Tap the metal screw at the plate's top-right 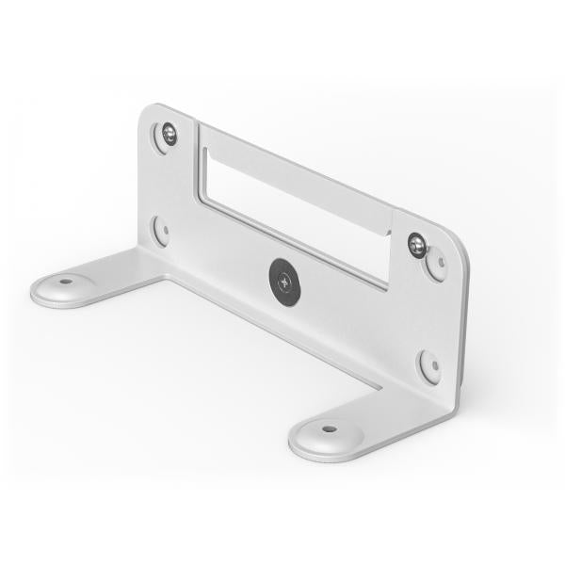(x=417, y=244)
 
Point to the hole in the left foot (x=65, y=280)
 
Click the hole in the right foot (x=328, y=428)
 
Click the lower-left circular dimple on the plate (x=161, y=229)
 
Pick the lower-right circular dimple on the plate (x=429, y=364)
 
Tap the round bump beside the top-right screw (x=436, y=265)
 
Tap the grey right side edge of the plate (x=463, y=320)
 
